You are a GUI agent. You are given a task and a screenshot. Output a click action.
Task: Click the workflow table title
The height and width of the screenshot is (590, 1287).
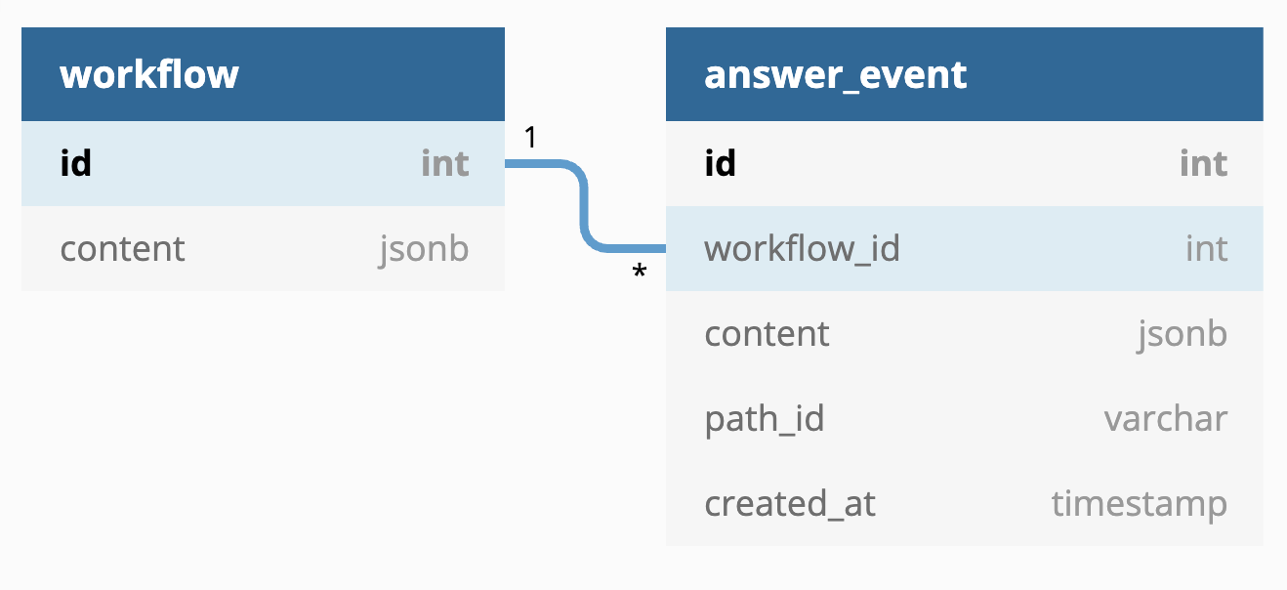[x=149, y=75]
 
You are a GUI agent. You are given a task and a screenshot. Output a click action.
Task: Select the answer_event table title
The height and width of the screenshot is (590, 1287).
[x=836, y=75]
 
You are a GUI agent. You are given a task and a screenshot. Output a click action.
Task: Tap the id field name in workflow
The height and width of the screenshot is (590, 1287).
[x=75, y=163]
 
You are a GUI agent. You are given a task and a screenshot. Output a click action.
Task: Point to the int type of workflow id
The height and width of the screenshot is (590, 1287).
[x=445, y=163]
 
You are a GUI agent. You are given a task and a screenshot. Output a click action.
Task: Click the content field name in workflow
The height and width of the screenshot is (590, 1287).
[x=122, y=248]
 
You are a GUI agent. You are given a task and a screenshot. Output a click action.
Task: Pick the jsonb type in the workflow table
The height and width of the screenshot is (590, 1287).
[x=424, y=248]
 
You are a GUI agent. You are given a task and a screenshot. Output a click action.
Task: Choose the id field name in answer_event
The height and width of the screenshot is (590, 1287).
[x=720, y=163]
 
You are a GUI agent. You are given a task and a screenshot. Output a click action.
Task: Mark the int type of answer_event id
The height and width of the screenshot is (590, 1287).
[x=1203, y=163]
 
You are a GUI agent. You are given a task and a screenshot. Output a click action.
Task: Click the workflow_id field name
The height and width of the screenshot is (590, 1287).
[x=802, y=248]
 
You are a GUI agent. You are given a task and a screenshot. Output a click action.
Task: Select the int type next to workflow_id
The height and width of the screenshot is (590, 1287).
[x=1206, y=248]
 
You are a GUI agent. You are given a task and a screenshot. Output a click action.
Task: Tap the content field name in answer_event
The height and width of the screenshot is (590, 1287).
[x=767, y=333]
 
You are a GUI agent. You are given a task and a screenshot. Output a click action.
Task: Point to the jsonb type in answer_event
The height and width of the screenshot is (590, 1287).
[x=1182, y=333]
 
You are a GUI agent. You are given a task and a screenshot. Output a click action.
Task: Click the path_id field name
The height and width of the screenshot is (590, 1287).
[x=765, y=419]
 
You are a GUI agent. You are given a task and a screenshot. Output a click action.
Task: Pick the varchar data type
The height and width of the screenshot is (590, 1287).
[x=1166, y=419]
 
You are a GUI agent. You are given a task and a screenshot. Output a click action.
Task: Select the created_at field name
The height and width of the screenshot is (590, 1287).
[x=790, y=504]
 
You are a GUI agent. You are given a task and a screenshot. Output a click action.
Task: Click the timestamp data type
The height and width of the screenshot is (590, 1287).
[x=1139, y=504]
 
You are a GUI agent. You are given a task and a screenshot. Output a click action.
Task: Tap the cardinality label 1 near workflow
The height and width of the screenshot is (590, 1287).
[x=530, y=138]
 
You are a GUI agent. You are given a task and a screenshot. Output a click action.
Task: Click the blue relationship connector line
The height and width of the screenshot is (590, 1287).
[x=585, y=207]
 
